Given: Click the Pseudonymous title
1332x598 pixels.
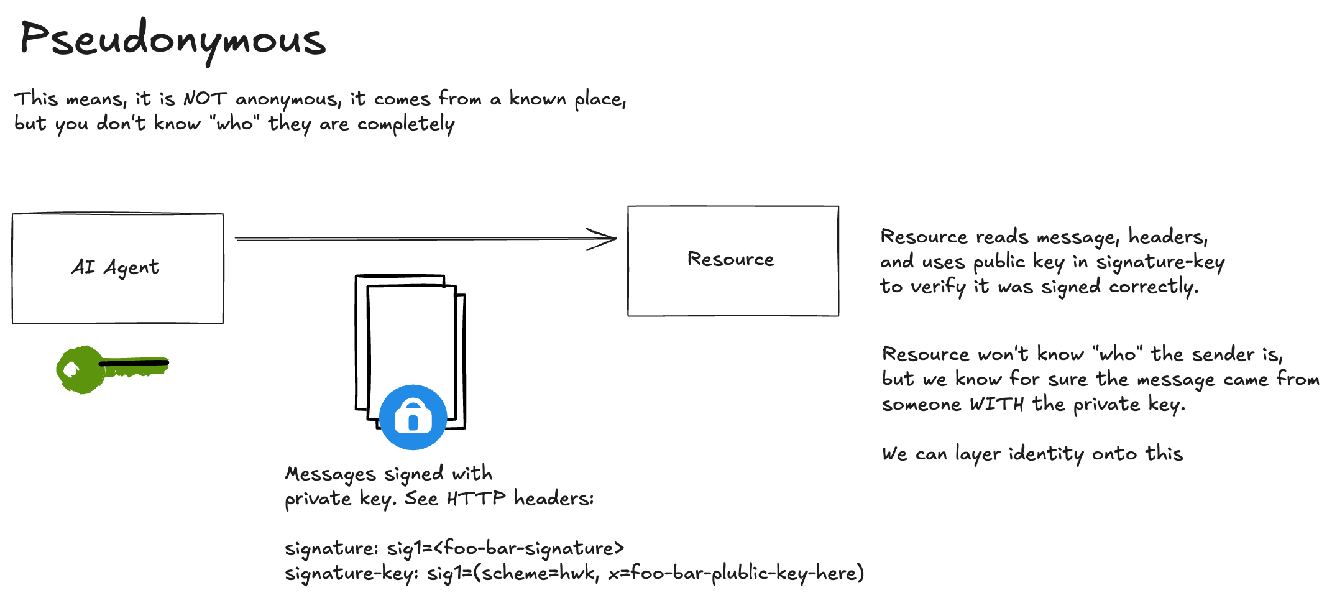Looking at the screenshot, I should click(173, 39).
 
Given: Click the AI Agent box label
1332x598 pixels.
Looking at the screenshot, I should click(116, 267).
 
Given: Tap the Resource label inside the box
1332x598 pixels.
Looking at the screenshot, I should click(731, 259).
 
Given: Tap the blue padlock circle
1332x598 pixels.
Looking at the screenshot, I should click(413, 417).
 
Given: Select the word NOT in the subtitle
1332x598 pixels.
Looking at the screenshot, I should click(205, 99).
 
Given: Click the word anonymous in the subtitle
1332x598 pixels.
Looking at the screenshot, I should click(288, 100).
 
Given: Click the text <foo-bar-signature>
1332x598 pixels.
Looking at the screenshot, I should click(528, 548).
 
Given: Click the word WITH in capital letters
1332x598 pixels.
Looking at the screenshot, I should click(996, 405).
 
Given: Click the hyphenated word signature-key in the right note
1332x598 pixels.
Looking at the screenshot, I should click(1160, 262).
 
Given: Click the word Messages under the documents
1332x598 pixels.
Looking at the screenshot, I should click(330, 474).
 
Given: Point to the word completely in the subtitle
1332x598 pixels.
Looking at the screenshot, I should click(406, 124).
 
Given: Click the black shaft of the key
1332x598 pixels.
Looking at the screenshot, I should click(134, 362).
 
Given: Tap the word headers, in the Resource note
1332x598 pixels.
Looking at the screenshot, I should click(1168, 237).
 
